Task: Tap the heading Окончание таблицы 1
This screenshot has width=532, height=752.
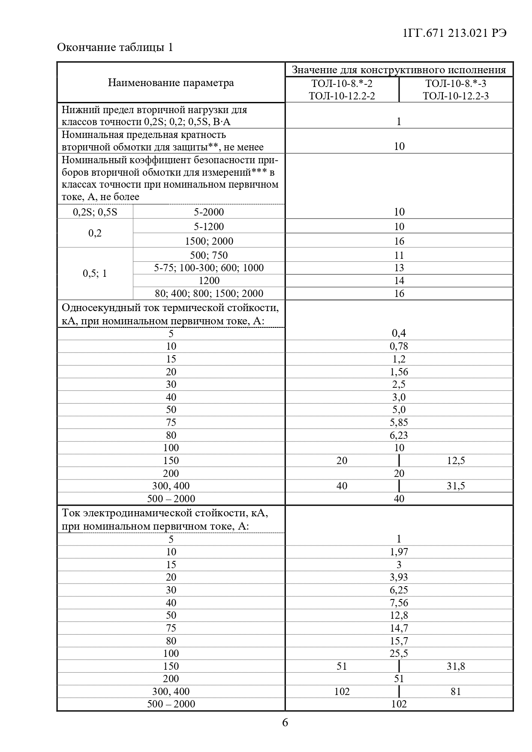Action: pos(115,47)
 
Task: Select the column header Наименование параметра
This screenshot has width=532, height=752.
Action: pos(171,83)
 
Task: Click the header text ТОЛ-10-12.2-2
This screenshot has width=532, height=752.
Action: pos(342,96)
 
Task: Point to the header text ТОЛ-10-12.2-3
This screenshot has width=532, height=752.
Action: pos(456,96)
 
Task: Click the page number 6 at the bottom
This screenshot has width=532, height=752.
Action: pos(285,723)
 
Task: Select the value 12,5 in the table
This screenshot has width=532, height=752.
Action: pos(456,461)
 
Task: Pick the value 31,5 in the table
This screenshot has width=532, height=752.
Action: pos(456,486)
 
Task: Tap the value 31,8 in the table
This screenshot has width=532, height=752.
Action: pos(456,666)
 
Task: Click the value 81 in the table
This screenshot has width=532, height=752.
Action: pos(456,692)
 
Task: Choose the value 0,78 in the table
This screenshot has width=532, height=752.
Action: pos(399,346)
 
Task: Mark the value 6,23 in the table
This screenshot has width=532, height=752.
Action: pos(399,435)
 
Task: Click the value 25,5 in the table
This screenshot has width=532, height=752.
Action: pos(399,653)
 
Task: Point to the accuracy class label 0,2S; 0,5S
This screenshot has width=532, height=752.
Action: pos(95,212)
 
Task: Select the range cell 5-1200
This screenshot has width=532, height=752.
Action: pos(209,227)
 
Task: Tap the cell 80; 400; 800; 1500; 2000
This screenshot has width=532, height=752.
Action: pos(209,294)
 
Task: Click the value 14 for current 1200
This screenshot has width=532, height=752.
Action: pos(399,281)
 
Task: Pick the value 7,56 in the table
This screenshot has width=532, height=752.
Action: pos(399,603)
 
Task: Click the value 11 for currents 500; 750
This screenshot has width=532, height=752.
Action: pos(399,255)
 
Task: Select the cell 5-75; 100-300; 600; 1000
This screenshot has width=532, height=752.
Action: pos(209,268)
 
